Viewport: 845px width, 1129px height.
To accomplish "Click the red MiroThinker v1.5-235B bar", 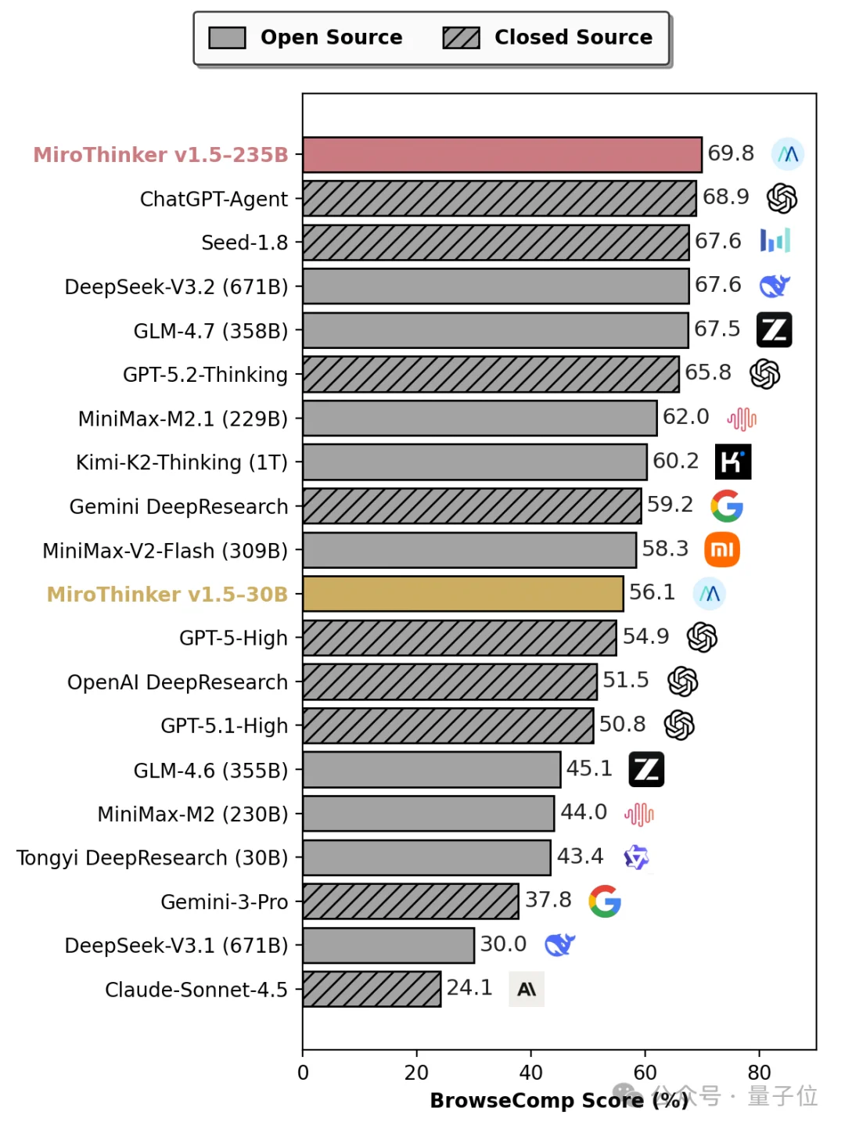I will click(502, 155).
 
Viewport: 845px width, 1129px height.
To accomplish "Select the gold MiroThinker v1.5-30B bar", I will click(462, 594).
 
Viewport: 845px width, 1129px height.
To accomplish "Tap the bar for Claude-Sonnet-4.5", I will click(372, 989).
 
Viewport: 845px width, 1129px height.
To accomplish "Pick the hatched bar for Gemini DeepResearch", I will click(472, 506).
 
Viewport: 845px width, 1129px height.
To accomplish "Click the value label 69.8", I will click(731, 153).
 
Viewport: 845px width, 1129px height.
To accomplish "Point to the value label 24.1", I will click(469, 988).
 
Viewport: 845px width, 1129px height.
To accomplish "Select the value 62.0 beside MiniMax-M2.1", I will click(685, 417).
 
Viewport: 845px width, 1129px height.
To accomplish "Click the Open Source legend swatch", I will click(228, 38).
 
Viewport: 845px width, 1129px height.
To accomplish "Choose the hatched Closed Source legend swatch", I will click(461, 38).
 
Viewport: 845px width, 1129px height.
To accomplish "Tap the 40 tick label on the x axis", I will click(530, 1073).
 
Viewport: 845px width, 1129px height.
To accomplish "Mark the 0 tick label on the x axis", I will click(304, 1073).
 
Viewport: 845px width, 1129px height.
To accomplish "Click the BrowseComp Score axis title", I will click(559, 1101).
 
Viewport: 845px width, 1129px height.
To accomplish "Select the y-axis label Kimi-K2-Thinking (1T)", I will click(182, 462).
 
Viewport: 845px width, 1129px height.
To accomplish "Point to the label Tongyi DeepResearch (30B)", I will click(153, 858).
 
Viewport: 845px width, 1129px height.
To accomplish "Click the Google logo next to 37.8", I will click(605, 901).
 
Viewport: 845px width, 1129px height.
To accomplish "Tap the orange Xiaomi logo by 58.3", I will click(722, 550).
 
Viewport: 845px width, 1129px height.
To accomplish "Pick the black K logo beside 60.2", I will click(733, 462).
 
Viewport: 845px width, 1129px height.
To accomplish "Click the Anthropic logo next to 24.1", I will click(527, 989).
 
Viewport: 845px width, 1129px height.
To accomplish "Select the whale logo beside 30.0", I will click(559, 945).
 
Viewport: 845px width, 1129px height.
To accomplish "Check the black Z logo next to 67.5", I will click(774, 329).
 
